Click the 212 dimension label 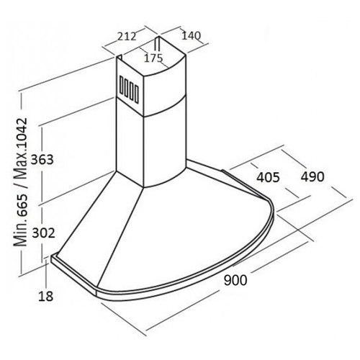pyautogui.click(x=127, y=37)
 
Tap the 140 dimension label pyautogui.click(x=191, y=36)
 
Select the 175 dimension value pyautogui.click(x=153, y=58)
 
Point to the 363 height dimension pyautogui.click(x=42, y=159)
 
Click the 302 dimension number pyautogui.click(x=43, y=233)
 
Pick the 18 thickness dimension pyautogui.click(x=45, y=296)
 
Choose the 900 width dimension pyautogui.click(x=235, y=280)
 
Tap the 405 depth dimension pyautogui.click(x=268, y=178)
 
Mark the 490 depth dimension pyautogui.click(x=312, y=177)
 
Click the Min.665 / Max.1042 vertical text pyautogui.click(x=20, y=182)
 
